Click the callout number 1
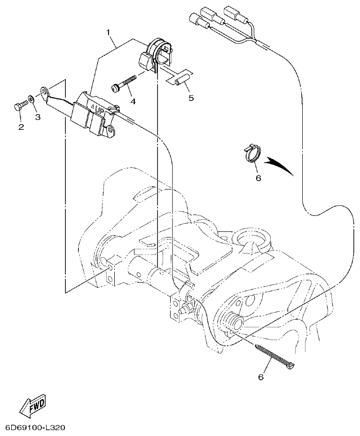pyautogui.click(x=109, y=32)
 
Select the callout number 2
pyautogui.click(x=21, y=127)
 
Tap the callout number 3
pyautogui.click(x=38, y=117)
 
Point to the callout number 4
pyautogui.click(x=133, y=101)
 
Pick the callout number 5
pyautogui.click(x=191, y=98)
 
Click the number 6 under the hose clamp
pyautogui.click(x=258, y=178)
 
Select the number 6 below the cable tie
pyautogui.click(x=261, y=377)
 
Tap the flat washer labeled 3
pyautogui.click(x=31, y=99)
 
